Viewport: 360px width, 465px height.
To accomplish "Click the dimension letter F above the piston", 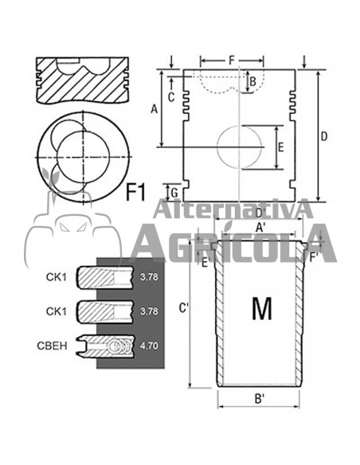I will point(232,60).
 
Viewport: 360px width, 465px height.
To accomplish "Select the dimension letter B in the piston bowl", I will point(252,80).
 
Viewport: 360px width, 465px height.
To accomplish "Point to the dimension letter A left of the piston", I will point(154,110).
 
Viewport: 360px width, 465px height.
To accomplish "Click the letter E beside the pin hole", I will point(280,147).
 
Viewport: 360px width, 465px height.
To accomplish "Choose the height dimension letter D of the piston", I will point(324,136).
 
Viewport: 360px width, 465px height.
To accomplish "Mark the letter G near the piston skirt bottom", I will point(174,192).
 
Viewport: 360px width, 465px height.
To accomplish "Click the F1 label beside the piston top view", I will point(136,190).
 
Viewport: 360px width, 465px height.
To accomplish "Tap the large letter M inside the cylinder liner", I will point(261,308).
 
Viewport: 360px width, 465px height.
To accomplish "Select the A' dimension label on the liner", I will point(260,228).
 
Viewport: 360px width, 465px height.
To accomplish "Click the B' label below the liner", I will point(259,397).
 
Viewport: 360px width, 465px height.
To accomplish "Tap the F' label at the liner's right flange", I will point(315,257).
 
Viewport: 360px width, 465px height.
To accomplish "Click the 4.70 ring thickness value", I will point(148,347).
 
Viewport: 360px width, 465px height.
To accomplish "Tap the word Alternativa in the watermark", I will point(231,211).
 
